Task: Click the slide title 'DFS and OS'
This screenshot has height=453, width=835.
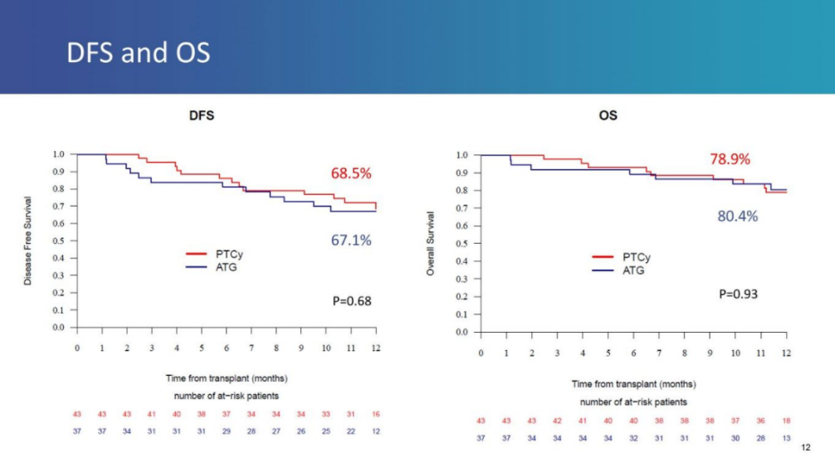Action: (139, 54)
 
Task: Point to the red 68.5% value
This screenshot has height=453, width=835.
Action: (351, 174)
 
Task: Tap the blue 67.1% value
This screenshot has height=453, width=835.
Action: (351, 241)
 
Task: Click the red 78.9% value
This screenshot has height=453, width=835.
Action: (730, 159)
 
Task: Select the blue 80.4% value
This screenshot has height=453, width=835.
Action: (738, 217)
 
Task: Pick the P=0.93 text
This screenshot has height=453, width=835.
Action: (739, 293)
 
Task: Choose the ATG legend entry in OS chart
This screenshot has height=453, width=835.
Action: (633, 270)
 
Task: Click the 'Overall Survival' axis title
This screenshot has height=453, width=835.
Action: (431, 244)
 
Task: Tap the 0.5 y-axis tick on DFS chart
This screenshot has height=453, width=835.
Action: (59, 241)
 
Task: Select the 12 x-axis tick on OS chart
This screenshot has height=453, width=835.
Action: (787, 353)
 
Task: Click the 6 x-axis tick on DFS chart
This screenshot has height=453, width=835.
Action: (227, 348)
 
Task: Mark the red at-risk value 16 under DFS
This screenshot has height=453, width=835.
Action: (376, 413)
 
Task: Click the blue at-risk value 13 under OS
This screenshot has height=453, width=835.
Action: (787, 438)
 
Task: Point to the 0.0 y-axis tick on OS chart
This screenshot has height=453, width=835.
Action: (463, 333)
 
